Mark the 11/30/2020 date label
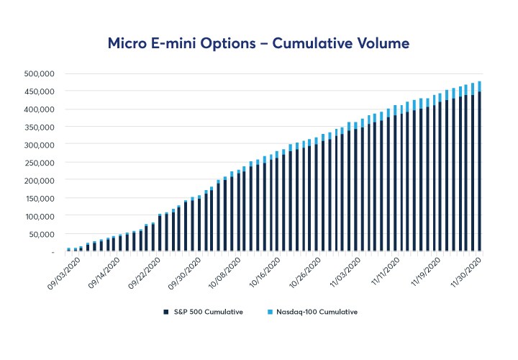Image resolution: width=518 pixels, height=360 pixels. pyautogui.click(x=465, y=273)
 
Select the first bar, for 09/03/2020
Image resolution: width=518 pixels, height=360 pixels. pyautogui.click(x=68, y=250)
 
